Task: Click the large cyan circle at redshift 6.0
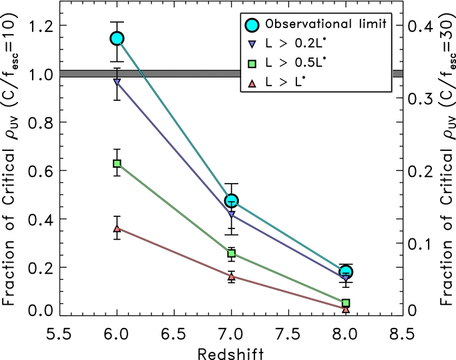pos(118,38)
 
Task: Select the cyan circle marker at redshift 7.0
pos(232,200)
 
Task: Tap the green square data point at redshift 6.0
pos(118,163)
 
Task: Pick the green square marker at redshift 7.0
pos(232,253)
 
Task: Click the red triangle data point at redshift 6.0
pos(118,228)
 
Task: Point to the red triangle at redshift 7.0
pos(232,276)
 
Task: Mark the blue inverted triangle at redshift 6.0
pos(118,82)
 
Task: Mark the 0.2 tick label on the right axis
pos(425,170)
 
